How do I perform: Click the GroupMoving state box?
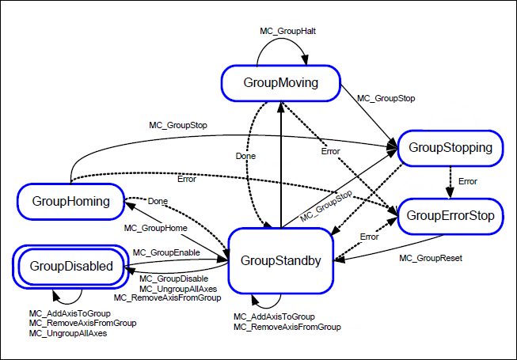[280, 82]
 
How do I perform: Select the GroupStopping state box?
[455, 148]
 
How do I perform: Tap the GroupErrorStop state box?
[450, 215]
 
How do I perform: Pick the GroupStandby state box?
[280, 260]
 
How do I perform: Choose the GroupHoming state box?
[71, 201]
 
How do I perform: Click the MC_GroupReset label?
[430, 258]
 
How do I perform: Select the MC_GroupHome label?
[157, 228]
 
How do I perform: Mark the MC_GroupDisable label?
[173, 279]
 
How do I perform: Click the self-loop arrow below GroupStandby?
[265, 302]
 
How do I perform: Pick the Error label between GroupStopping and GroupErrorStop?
[468, 181]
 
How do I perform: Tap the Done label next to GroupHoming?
[158, 202]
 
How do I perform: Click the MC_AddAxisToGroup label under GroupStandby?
[274, 316]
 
